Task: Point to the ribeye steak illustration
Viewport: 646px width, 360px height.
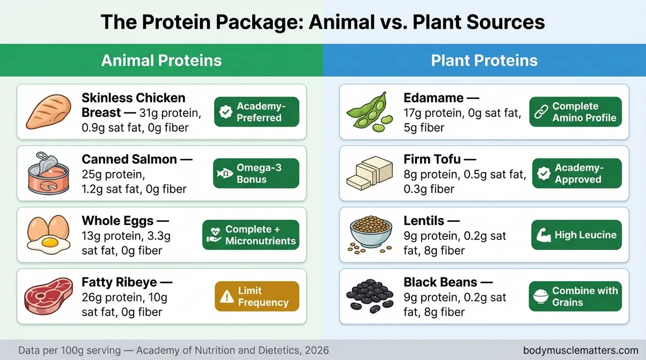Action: [49, 296]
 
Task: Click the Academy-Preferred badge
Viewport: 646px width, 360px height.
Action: [256, 111]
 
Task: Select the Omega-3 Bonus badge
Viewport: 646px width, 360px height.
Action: [256, 174]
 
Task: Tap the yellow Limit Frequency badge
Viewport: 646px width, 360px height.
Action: [256, 296]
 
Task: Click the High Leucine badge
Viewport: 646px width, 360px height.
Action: [577, 235]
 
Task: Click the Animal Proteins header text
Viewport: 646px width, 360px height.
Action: [161, 60]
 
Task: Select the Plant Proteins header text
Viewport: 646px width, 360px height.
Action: [484, 60]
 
